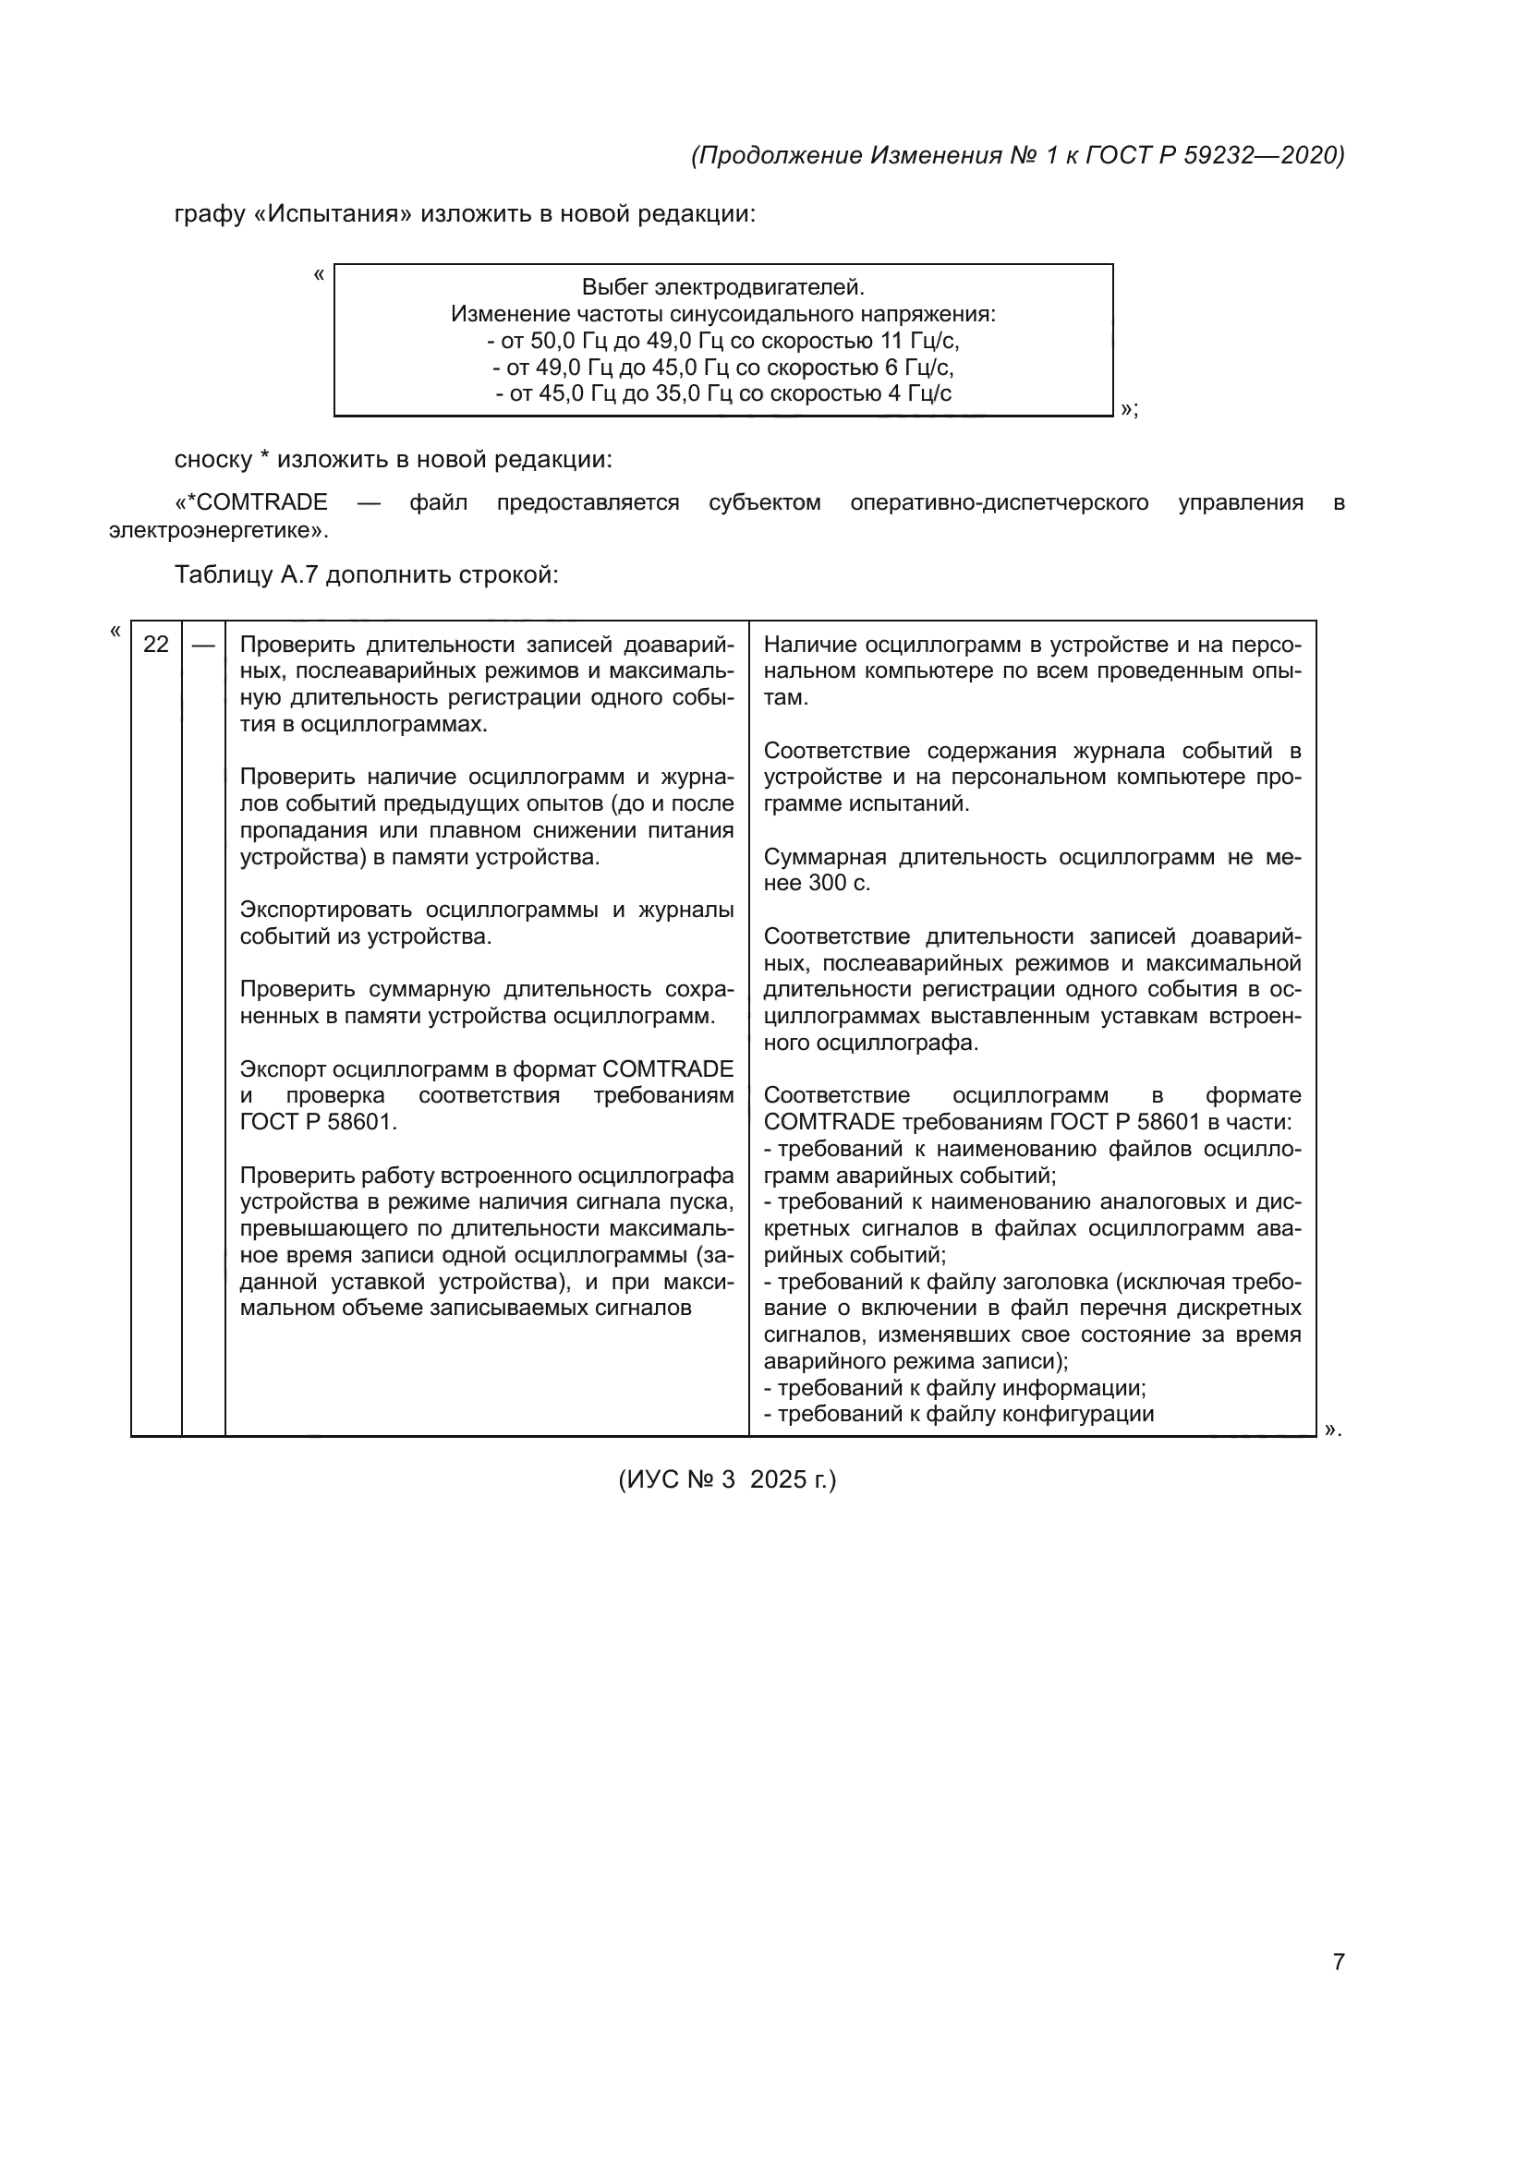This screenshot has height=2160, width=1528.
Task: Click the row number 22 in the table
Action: coord(156,645)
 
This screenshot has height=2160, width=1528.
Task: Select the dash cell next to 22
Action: coord(203,646)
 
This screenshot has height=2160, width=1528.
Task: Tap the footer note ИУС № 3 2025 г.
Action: coord(726,1478)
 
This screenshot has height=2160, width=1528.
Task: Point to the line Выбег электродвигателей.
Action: coord(722,287)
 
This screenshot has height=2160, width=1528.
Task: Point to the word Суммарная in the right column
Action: coord(824,857)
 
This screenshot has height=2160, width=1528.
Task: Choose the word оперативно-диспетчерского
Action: coord(1000,502)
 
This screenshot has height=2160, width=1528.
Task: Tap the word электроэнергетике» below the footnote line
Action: coord(218,531)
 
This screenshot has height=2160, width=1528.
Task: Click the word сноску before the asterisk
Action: coord(212,460)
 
